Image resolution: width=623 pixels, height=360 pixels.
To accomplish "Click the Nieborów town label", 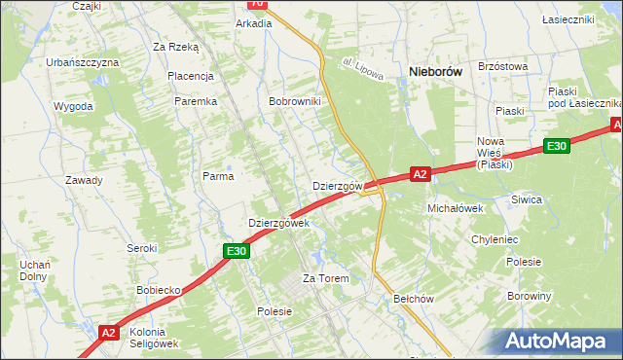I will point(442,71).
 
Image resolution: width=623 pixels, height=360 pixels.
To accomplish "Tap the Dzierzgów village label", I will point(338,185).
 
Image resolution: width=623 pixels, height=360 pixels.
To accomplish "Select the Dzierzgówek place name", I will point(278,223).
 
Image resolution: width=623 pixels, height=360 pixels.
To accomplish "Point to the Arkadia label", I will point(254,23).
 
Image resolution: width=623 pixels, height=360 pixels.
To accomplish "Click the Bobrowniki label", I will point(296,101).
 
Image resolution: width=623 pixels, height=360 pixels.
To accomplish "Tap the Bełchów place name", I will point(412,299).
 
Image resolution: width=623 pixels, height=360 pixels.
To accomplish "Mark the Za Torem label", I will point(325,278).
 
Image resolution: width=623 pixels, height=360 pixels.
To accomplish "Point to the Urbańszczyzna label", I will point(83,62).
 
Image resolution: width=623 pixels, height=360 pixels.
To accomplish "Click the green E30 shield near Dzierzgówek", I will point(238,251).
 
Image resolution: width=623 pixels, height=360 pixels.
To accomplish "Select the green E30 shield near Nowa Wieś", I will point(556,146).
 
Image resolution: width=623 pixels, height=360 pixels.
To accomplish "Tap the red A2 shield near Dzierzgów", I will point(420,174).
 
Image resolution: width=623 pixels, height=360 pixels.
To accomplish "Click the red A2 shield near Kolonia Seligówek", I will point(109,333).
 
